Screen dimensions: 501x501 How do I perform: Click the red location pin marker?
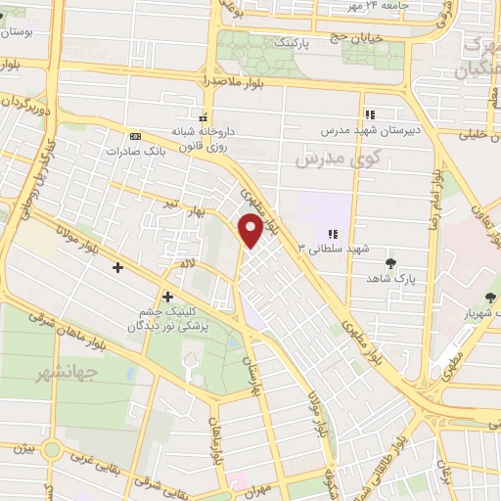(x=251, y=229)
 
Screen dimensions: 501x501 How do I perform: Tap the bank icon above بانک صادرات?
(x=134, y=135)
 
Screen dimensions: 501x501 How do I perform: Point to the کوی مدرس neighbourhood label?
(x=323, y=157)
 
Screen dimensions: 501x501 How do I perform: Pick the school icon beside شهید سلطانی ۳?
(x=333, y=234)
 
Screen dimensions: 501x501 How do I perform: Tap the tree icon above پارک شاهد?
(x=391, y=263)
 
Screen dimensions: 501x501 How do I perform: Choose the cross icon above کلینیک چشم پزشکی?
(x=168, y=296)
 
